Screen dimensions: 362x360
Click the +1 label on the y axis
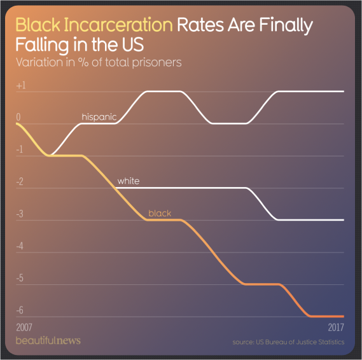(21, 86)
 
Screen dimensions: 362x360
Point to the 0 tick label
(18, 117)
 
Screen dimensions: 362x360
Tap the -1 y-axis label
(20, 149)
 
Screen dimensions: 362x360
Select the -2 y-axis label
(20, 182)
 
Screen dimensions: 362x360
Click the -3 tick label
(20, 214)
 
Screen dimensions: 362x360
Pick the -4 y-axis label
(20, 246)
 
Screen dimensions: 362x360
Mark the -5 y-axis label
(20, 279)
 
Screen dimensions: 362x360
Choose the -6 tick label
(20, 310)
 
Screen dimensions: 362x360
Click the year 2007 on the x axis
(24, 327)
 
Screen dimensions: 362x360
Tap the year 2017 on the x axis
(336, 327)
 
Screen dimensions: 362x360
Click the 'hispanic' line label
(99, 117)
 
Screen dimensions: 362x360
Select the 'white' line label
(129, 181)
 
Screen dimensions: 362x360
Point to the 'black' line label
(160, 213)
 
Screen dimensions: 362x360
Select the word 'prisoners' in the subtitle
(157, 63)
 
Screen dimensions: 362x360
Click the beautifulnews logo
(48, 341)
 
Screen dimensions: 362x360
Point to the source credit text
(288, 342)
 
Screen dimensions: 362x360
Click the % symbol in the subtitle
(83, 62)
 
